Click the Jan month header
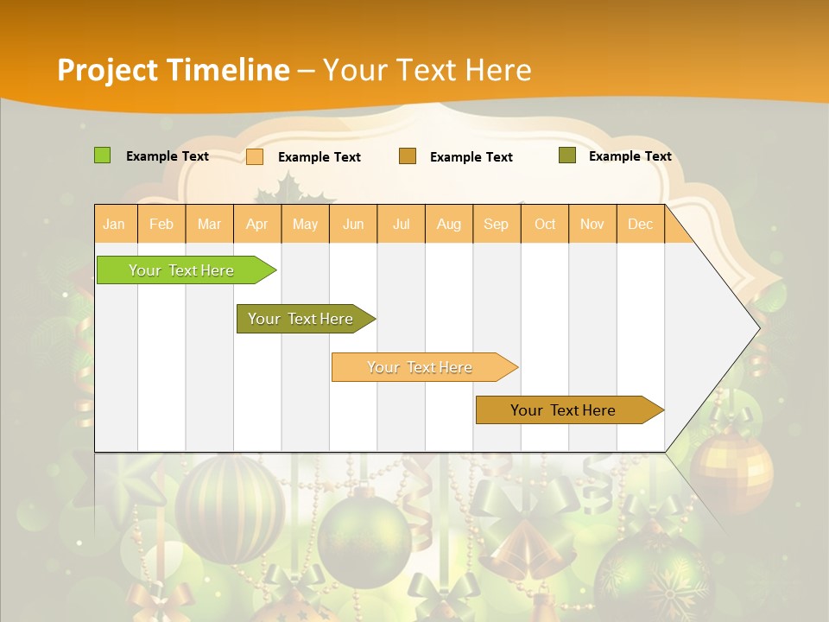click(114, 225)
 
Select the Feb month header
click(161, 225)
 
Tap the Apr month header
click(257, 225)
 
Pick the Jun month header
click(353, 225)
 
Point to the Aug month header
click(449, 225)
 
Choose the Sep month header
click(496, 225)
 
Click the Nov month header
click(592, 225)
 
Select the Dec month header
click(640, 225)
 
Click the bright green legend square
click(102, 155)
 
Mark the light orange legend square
click(255, 156)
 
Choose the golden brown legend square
click(408, 156)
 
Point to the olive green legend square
click(567, 155)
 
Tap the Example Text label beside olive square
click(630, 156)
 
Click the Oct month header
click(545, 225)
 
